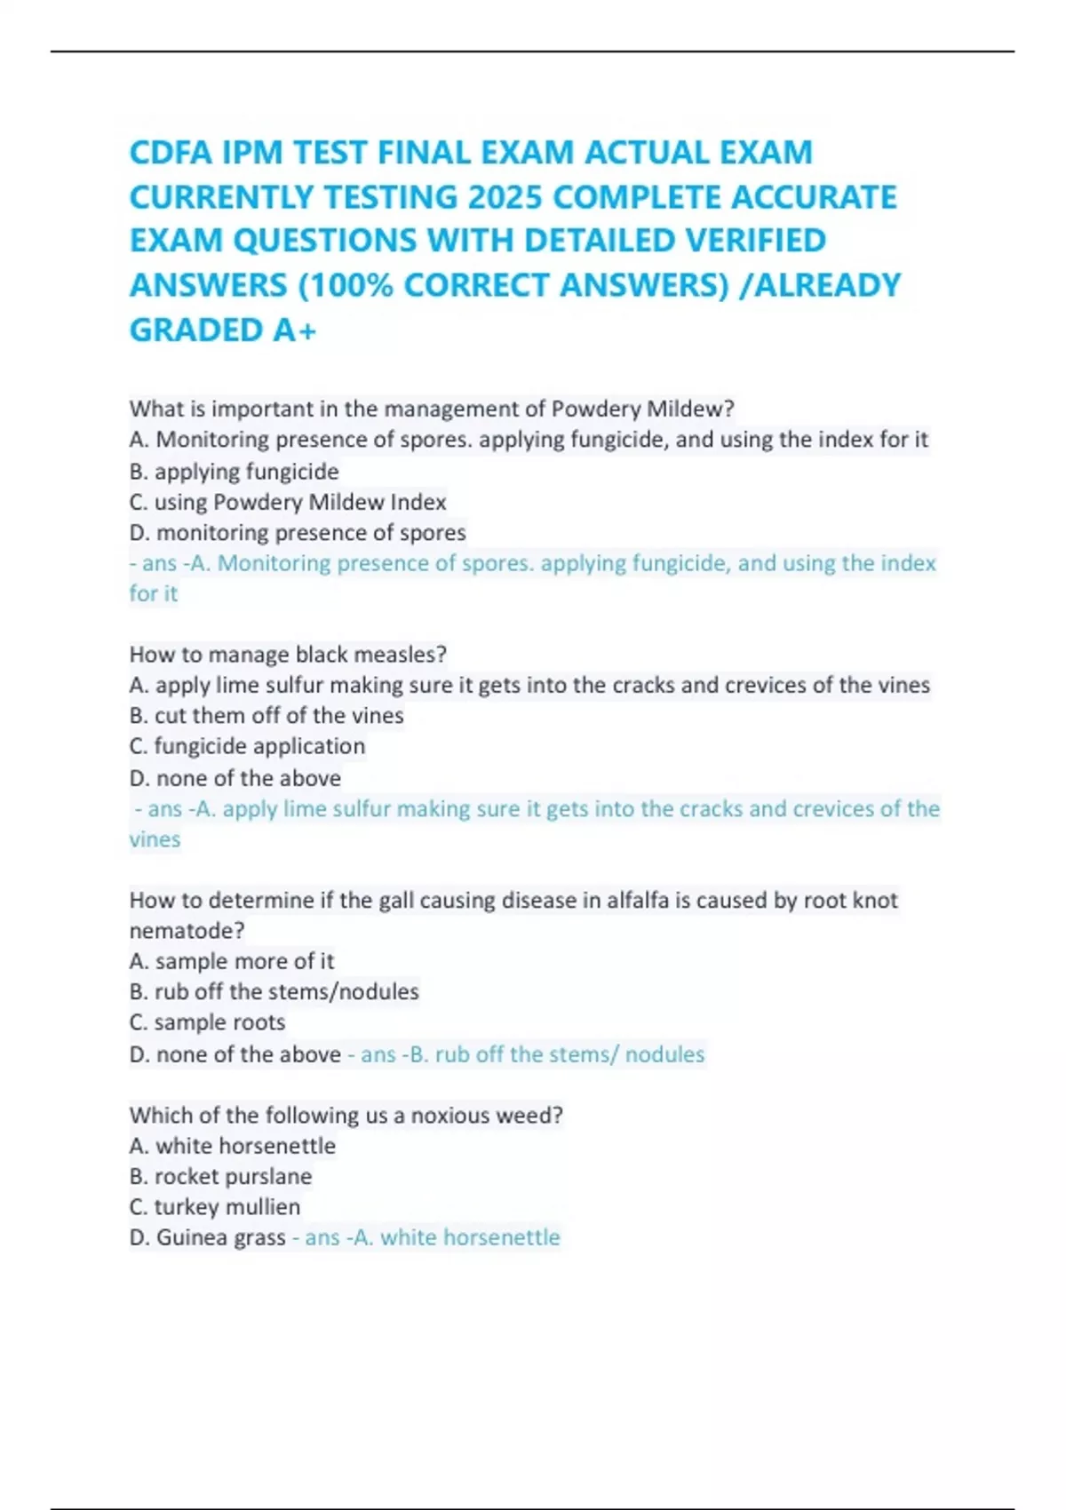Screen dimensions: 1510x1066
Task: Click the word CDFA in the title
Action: coord(170,153)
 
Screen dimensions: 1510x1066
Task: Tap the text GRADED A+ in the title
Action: coord(223,330)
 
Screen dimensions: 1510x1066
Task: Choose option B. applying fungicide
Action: coord(234,471)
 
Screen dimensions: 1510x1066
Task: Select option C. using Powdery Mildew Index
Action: coord(287,502)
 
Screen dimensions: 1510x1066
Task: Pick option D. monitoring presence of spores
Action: coord(297,532)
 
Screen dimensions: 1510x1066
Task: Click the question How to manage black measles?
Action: coord(288,655)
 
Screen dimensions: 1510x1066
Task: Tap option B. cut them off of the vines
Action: coord(266,715)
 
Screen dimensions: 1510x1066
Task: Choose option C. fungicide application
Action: coord(247,746)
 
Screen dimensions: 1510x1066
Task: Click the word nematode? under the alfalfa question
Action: coord(187,931)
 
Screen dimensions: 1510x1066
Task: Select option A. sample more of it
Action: coord(231,961)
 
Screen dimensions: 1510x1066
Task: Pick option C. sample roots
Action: coord(207,1022)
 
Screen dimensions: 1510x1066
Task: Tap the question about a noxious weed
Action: coord(346,1115)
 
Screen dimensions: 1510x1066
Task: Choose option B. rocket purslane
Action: coord(220,1176)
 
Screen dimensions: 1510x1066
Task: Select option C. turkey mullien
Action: coord(214,1207)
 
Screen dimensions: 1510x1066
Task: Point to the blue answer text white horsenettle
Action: coord(470,1237)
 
